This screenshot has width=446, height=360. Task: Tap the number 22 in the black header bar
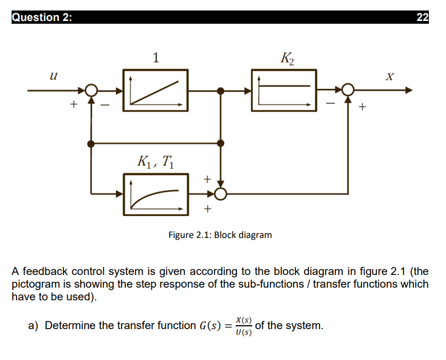(x=422, y=17)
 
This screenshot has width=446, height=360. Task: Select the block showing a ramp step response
(x=155, y=90)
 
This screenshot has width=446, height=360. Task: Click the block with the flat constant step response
(x=284, y=90)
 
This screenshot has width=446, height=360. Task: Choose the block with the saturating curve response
(x=155, y=193)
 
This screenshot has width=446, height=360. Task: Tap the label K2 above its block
(x=287, y=57)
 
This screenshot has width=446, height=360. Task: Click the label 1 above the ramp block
(x=156, y=57)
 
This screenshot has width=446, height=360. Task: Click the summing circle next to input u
(x=92, y=90)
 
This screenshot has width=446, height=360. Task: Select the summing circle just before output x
(x=348, y=90)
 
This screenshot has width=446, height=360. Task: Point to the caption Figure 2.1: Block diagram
(x=220, y=235)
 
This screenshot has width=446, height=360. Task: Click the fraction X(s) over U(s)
(x=243, y=326)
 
